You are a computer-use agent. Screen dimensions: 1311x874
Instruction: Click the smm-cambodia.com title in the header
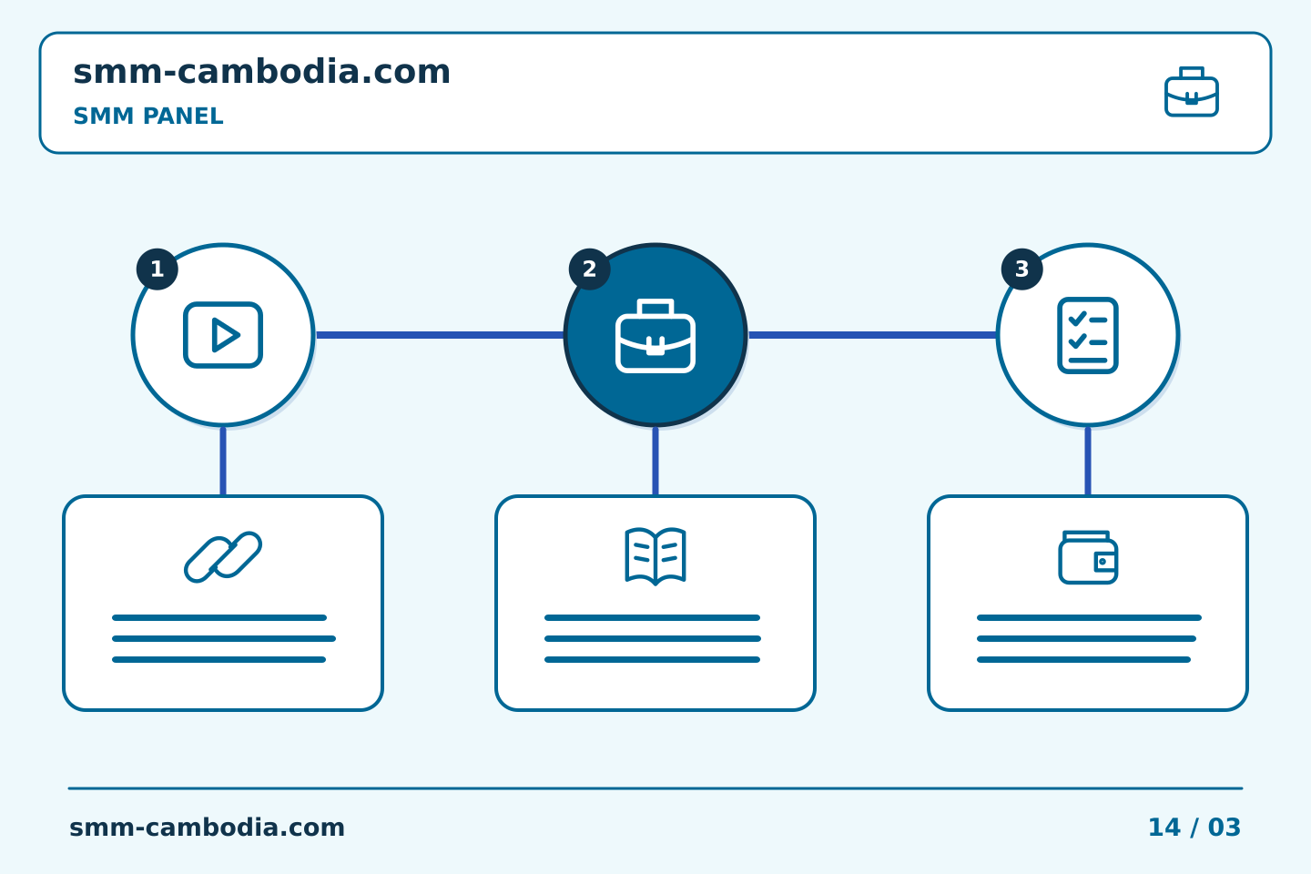coord(261,72)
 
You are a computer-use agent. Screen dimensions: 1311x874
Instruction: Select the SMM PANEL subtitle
coord(148,116)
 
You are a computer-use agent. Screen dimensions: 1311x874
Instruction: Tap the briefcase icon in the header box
coord(1192,92)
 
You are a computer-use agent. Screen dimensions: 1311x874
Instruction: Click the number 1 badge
coord(157,269)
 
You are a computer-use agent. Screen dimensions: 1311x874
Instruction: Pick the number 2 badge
coord(589,269)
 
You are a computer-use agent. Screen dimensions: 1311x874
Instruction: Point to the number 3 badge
coord(1021,269)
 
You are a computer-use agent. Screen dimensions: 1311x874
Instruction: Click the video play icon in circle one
coord(223,335)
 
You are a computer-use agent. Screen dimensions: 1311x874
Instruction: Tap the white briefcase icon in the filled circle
coord(655,335)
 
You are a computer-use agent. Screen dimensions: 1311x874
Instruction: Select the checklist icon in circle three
coord(1088,335)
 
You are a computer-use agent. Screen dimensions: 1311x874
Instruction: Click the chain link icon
coord(223,556)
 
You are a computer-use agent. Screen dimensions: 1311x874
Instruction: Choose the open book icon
coord(655,555)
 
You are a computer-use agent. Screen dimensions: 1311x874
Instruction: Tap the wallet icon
coord(1088,557)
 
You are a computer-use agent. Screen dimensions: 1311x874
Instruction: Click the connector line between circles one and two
coord(440,335)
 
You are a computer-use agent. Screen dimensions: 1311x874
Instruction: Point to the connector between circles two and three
coord(872,335)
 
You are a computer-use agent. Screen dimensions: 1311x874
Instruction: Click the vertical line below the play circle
coord(223,461)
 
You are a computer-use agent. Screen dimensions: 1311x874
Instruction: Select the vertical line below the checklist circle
coord(1088,461)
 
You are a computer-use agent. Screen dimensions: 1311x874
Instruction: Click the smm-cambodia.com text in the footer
coord(208,828)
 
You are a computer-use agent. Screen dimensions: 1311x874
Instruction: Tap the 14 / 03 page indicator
coord(1194,828)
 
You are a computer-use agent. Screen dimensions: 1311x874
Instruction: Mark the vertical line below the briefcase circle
coord(655,461)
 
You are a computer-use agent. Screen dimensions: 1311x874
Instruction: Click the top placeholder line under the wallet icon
coord(1089,617)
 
